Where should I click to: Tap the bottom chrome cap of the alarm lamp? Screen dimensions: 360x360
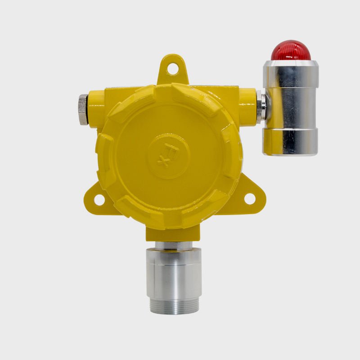pyautogui.click(x=290, y=142)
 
